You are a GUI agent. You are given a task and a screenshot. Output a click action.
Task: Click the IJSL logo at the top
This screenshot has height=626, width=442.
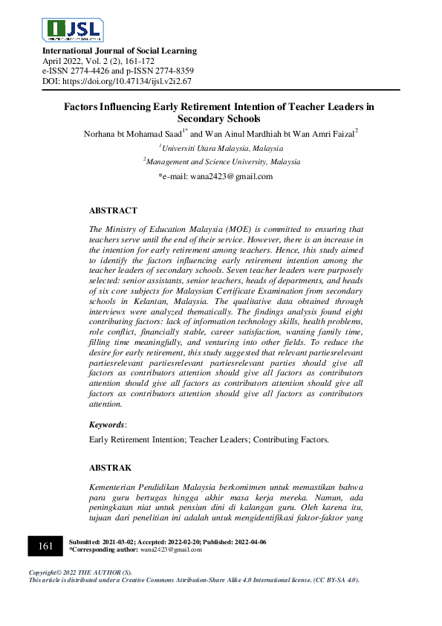(x=73, y=29)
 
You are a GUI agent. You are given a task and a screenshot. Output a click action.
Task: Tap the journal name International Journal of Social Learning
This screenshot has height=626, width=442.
(x=120, y=51)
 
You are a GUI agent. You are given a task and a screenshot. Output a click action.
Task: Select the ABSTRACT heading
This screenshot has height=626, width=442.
(x=113, y=211)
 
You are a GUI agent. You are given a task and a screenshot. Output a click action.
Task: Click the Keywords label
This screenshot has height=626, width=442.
(x=107, y=424)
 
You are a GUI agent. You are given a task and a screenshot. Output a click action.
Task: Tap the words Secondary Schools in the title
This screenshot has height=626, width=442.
(x=219, y=119)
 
